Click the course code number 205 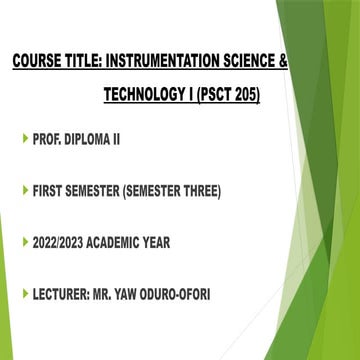coord(246,95)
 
